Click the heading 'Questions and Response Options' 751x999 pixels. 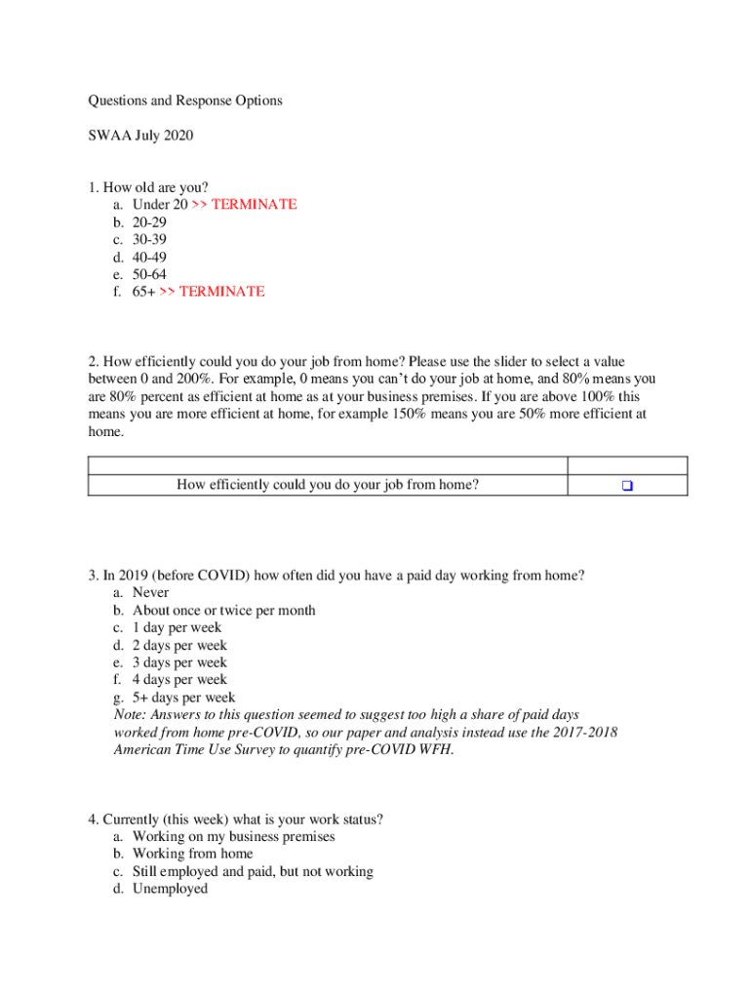pyautogui.click(x=185, y=100)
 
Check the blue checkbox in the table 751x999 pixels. pyautogui.click(x=627, y=485)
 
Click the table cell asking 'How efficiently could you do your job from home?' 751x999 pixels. pyautogui.click(x=328, y=484)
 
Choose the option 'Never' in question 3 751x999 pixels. pyautogui.click(x=150, y=592)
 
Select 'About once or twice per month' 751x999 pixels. pyautogui.click(x=223, y=610)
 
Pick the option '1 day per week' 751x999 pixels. pyautogui.click(x=177, y=627)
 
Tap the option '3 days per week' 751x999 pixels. pyautogui.click(x=179, y=662)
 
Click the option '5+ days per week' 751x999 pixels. pyautogui.click(x=183, y=698)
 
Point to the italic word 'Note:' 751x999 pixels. pyautogui.click(x=131, y=715)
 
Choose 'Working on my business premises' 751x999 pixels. pyautogui.click(x=233, y=836)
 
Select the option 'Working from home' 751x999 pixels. pyautogui.click(x=192, y=854)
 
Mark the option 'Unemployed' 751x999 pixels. pyautogui.click(x=170, y=889)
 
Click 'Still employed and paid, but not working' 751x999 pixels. pyautogui.click(x=253, y=871)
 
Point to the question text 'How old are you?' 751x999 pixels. pyautogui.click(x=155, y=187)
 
